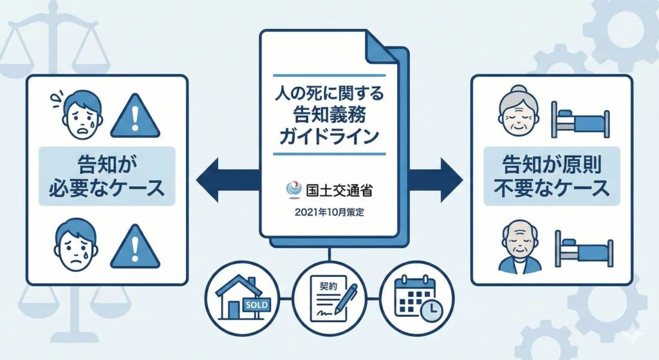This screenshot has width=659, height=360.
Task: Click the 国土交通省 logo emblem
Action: click(293, 190)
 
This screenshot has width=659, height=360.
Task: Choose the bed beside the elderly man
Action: click(580, 247)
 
